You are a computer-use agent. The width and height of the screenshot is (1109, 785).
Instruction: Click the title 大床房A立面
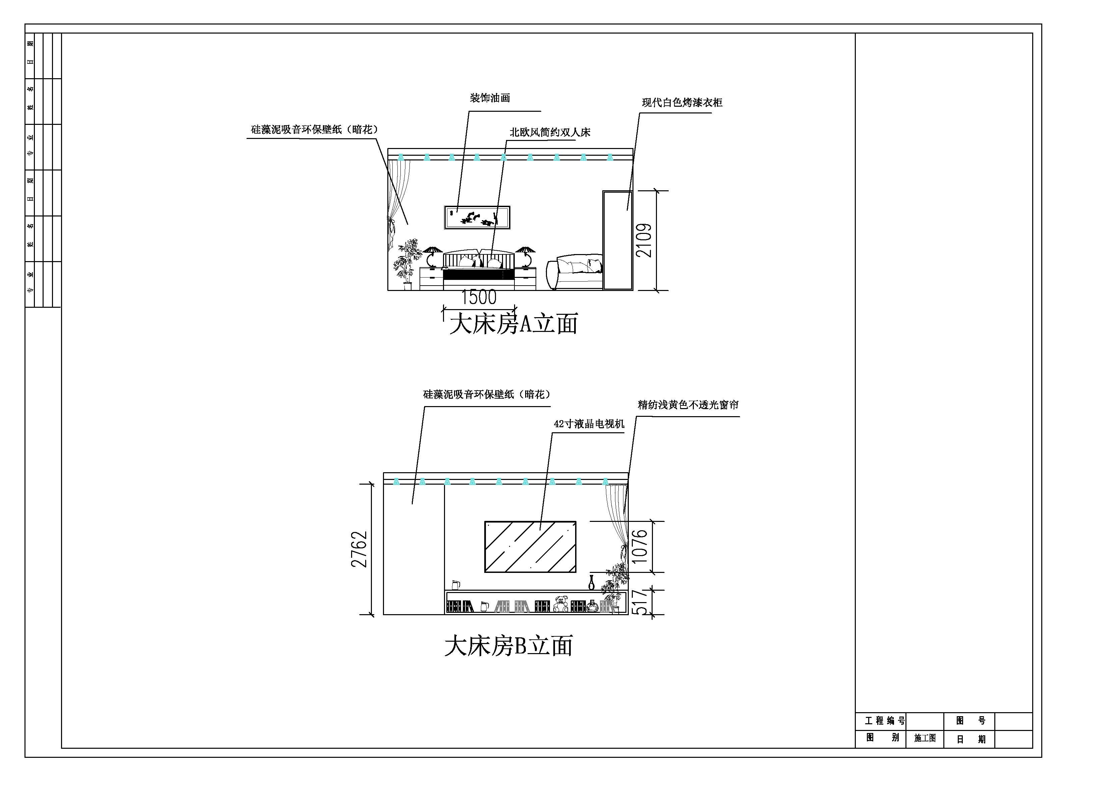(514, 324)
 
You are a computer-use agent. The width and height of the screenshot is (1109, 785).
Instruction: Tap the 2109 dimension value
(644, 240)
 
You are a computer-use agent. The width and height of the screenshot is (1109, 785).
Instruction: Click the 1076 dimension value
(640, 546)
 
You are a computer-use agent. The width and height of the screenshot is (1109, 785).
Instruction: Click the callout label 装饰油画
(490, 98)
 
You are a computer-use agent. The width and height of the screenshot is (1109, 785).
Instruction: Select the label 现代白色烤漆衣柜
(682, 102)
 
